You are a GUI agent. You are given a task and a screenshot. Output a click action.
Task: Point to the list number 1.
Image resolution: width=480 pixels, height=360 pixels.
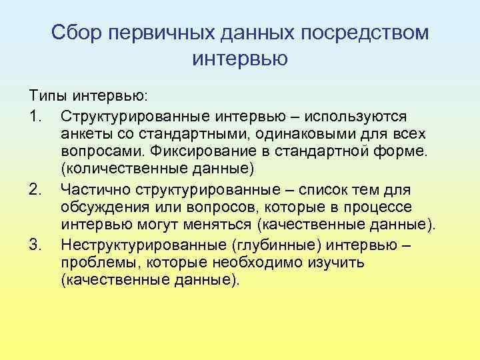36,117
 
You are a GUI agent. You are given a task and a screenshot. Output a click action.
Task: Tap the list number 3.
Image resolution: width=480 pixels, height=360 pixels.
36,245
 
